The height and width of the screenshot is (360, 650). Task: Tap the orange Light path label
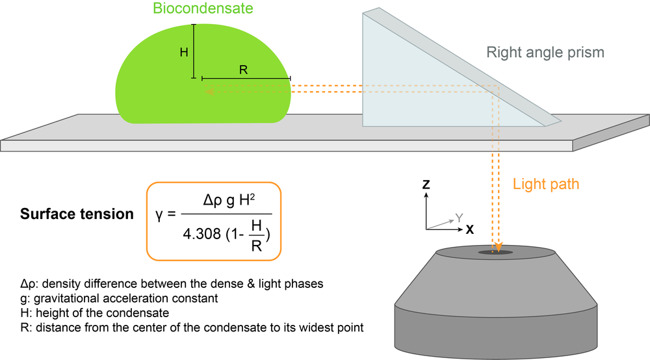(x=546, y=184)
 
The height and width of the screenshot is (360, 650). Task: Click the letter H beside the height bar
(x=184, y=53)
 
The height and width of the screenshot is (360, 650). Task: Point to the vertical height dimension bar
(x=193, y=51)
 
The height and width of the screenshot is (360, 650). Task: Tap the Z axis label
(x=426, y=185)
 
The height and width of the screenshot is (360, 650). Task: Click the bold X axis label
(x=469, y=229)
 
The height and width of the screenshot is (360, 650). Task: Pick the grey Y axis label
(x=459, y=218)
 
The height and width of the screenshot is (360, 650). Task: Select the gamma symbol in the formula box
(x=160, y=215)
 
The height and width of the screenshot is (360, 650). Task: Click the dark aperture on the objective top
(x=495, y=252)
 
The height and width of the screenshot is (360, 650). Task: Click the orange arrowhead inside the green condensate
(x=209, y=92)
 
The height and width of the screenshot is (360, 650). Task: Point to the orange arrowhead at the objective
(x=497, y=248)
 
